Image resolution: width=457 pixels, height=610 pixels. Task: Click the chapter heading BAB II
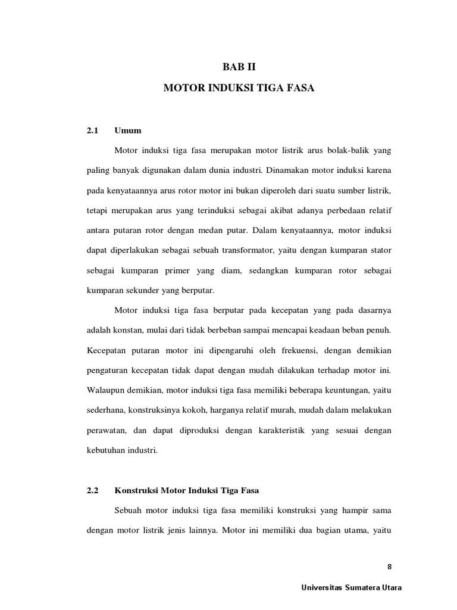(238, 67)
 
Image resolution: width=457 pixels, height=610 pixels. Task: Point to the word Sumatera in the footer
(366, 588)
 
